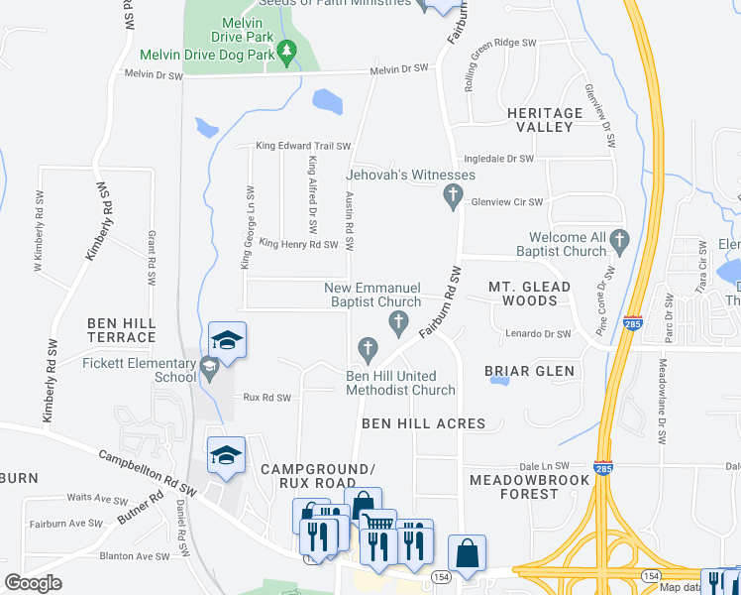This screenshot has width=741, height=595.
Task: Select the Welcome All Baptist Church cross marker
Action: point(619,239)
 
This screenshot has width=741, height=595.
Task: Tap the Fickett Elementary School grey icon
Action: point(209,369)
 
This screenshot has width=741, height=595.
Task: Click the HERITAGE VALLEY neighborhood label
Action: point(545,120)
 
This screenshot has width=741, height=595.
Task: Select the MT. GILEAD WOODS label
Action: point(529,293)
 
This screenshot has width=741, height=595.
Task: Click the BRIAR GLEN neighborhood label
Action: point(529,371)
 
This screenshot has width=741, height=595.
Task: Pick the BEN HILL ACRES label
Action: point(423,423)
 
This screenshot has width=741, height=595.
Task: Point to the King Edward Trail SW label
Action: point(304,146)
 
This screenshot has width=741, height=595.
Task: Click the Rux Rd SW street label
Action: point(266,398)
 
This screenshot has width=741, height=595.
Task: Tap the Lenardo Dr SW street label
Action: point(539,334)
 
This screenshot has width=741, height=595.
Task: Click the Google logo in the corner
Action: point(33,582)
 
